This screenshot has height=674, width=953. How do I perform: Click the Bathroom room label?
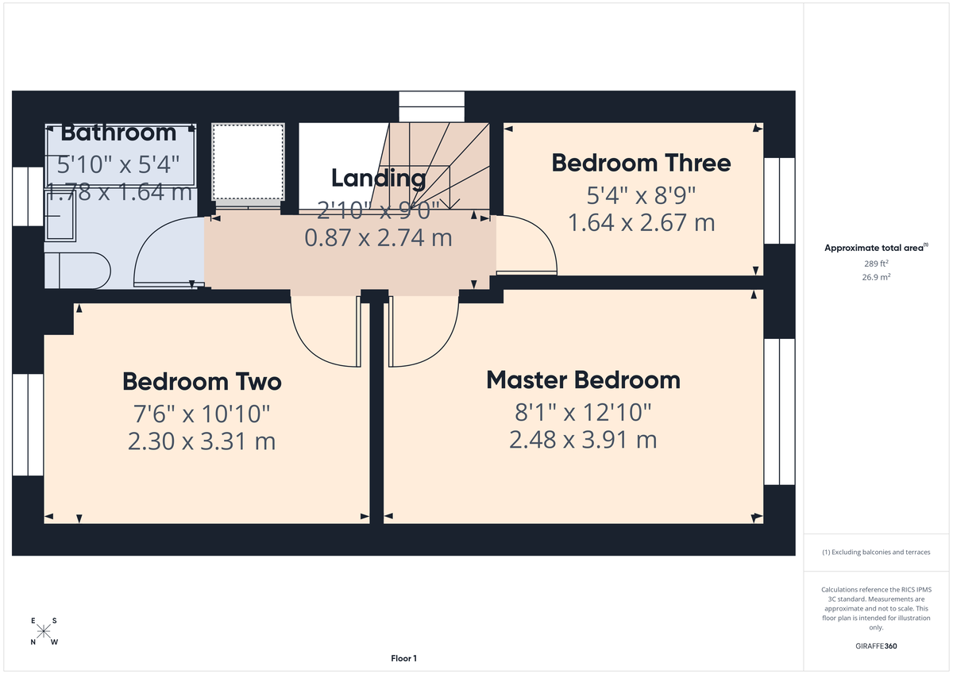point(118,132)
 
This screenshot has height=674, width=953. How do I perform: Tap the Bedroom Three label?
point(641,163)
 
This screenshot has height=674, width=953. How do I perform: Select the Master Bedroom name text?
point(583,380)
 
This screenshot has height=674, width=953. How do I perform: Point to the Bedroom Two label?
point(202,382)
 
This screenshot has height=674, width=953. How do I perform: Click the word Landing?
point(379,178)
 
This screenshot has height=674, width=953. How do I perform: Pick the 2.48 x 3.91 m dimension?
point(583,439)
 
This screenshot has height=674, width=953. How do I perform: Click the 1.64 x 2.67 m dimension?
point(641,222)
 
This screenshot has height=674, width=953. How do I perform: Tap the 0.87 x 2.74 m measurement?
point(379,237)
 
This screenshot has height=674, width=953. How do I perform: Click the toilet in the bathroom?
point(76,270)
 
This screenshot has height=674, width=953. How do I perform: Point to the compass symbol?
point(44,632)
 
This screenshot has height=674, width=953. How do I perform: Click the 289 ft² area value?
point(876,263)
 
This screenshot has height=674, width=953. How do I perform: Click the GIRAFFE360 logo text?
point(876,646)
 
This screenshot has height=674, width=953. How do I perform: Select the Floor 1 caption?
point(403,658)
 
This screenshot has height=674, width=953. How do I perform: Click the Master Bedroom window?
point(779,411)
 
